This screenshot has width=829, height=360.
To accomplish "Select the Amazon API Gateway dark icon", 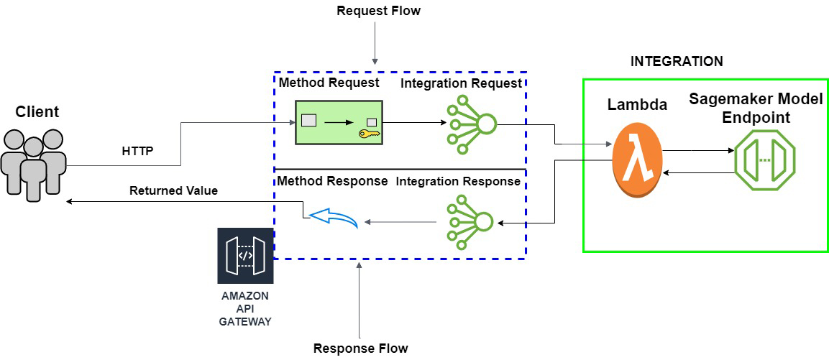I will (x=245, y=256).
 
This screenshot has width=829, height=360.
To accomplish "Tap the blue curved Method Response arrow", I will (x=331, y=218).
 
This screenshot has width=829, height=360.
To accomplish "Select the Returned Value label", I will (x=173, y=191).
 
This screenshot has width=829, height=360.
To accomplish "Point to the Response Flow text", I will (x=360, y=349).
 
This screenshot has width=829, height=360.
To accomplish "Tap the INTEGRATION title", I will (x=676, y=62).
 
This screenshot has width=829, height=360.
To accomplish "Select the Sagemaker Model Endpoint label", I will (x=755, y=108).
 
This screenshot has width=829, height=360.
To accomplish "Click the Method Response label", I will (x=332, y=180).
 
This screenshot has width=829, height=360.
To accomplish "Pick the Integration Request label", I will (x=461, y=83).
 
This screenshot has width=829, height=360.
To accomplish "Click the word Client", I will (x=37, y=111).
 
